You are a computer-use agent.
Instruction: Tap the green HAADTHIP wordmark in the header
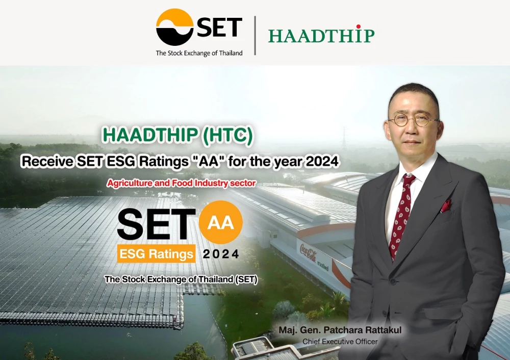coord(321,35)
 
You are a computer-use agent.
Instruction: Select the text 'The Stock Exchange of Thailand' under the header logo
coord(199,53)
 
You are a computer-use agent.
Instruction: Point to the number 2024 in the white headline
coord(322,162)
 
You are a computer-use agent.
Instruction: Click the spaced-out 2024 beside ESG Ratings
coord(220,253)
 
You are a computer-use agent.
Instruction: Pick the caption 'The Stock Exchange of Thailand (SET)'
coord(181,279)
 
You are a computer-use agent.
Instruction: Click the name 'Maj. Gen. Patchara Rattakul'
coord(340,330)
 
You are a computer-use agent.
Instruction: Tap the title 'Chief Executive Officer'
coord(340,341)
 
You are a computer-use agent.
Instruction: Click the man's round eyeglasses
coord(413,121)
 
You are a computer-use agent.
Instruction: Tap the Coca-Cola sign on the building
coord(308,253)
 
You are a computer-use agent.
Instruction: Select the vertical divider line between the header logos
coord(255,35)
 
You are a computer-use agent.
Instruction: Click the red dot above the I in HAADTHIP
coord(359,27)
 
